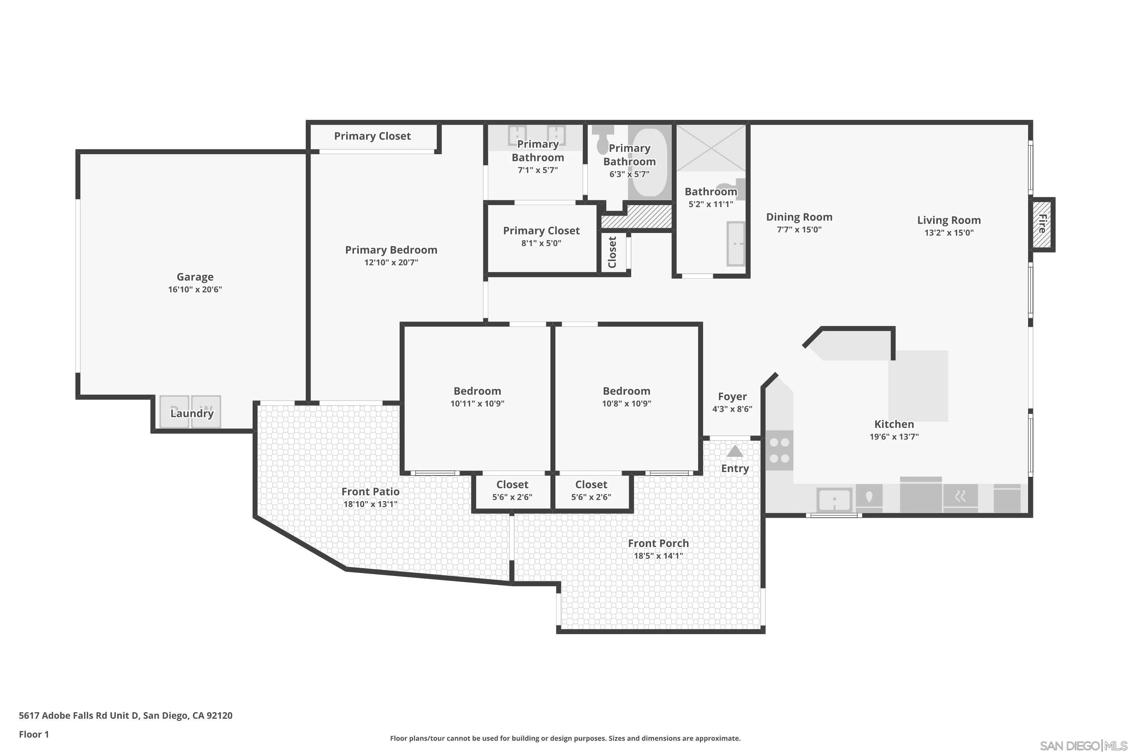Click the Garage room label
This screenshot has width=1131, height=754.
195,277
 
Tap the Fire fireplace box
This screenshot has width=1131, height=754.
1042,224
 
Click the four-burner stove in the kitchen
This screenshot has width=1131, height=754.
779,451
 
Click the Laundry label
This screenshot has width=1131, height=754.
192,413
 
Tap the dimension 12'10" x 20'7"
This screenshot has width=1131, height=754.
391,262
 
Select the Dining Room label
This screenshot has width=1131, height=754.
799,217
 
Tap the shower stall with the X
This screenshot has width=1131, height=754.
710,148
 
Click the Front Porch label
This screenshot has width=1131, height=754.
658,543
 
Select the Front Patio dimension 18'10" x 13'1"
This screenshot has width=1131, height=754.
370,504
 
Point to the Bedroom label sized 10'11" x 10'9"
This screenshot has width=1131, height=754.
477,391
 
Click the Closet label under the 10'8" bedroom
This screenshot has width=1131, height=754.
591,485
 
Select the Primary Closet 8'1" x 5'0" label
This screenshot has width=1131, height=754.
541,231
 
